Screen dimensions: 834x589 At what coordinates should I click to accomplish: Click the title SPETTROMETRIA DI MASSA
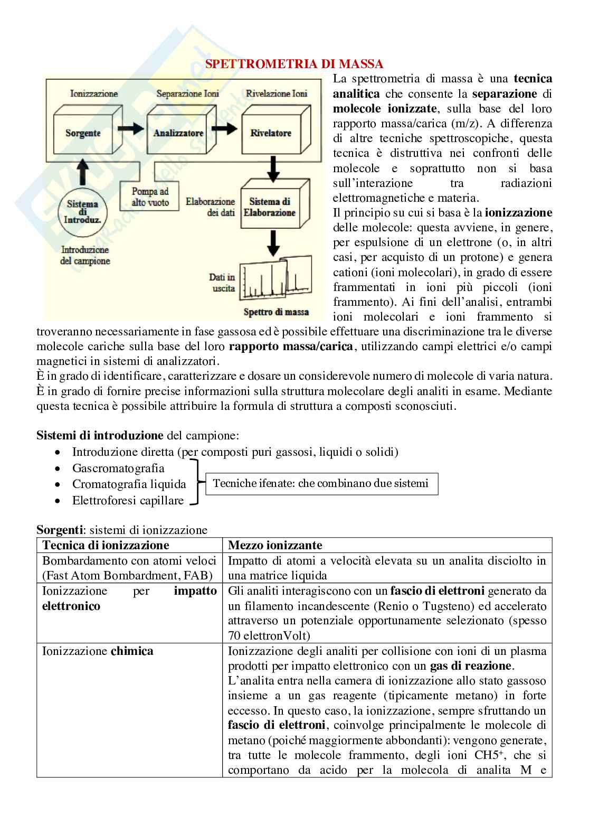(294, 64)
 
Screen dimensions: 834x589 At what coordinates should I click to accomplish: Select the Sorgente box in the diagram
(83, 133)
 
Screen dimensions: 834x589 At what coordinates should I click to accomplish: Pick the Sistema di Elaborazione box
(272, 207)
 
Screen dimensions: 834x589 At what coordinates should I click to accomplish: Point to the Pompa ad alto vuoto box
(150, 196)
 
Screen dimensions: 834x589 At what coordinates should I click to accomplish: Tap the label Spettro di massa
(275, 312)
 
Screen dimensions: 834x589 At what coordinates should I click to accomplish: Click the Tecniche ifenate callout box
(321, 483)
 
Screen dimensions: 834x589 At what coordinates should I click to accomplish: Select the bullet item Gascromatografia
(118, 468)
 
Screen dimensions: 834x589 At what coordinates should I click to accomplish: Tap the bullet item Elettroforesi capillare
(128, 501)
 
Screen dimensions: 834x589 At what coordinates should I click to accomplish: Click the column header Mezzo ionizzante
(275, 545)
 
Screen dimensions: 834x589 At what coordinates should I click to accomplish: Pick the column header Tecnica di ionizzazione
(106, 545)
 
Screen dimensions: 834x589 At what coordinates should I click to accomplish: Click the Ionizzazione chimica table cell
(98, 651)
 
